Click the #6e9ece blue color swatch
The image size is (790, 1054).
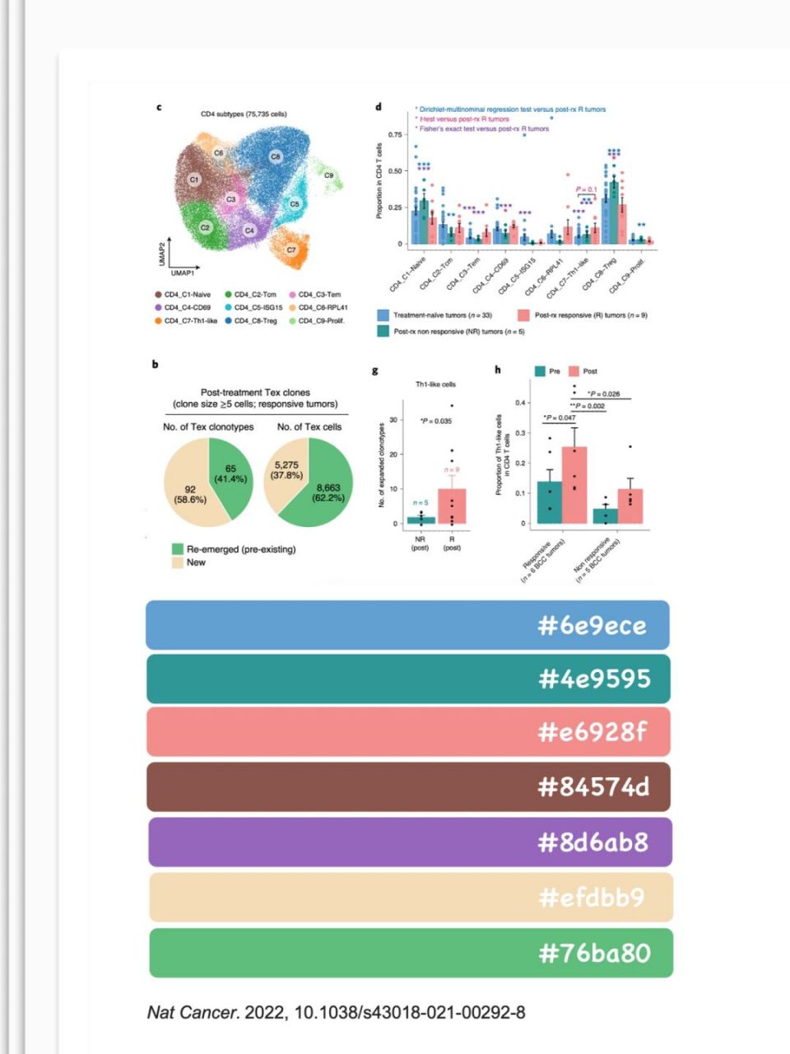pos(407,625)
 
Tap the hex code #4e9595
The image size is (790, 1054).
pos(594,679)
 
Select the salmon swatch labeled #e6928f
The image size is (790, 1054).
pos(407,731)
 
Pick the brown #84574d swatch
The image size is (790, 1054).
pos(407,786)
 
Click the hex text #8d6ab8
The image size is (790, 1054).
pos(592,842)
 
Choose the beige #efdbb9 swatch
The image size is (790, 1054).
pos(407,897)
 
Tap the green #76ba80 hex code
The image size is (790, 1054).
pos(594,954)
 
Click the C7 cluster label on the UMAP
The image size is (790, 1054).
pos(291,250)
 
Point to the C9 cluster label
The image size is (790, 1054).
pos(328,175)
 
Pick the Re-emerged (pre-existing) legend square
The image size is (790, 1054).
pos(177,549)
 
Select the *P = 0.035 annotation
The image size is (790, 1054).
pos(436,422)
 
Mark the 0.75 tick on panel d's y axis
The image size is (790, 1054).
pos(395,134)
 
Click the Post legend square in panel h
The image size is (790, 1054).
pos(574,371)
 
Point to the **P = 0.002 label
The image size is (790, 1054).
pos(588,406)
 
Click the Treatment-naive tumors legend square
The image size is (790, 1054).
pos(383,315)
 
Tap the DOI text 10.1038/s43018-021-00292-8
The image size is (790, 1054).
pos(409,1012)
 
